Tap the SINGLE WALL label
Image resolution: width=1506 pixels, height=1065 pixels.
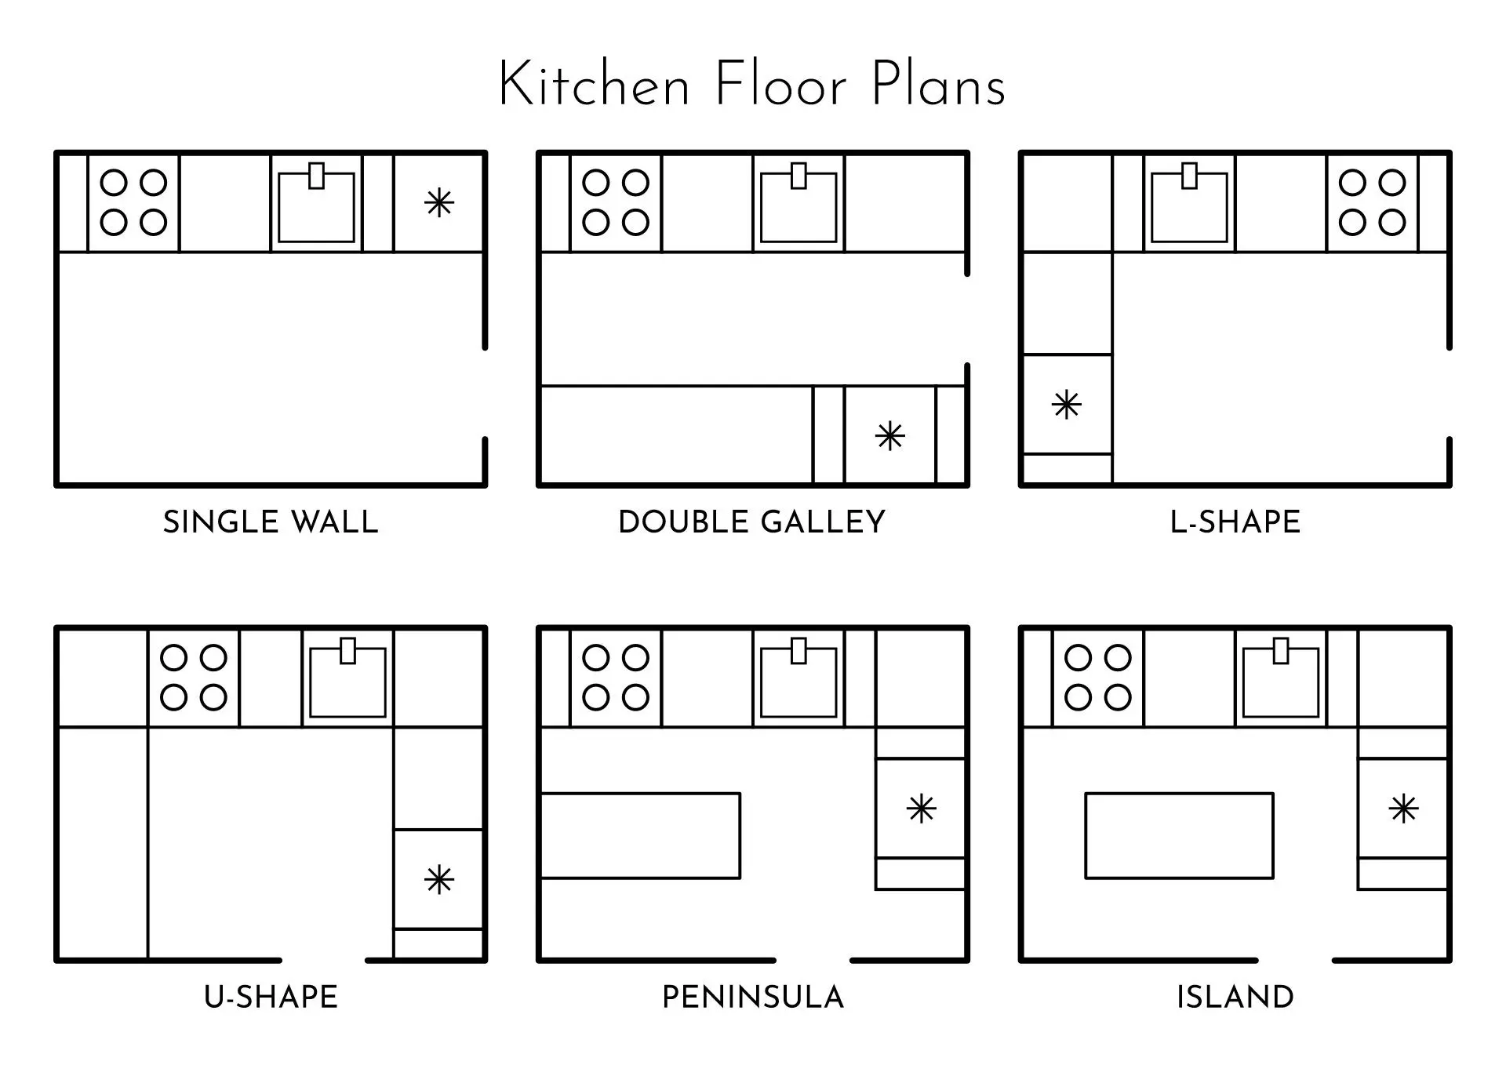click(271, 522)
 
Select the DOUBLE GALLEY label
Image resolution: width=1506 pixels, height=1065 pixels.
click(752, 522)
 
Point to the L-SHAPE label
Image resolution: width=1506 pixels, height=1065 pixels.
click(1235, 522)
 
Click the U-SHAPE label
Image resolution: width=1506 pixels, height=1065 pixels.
click(271, 998)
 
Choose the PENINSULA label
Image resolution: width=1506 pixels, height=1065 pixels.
click(753, 998)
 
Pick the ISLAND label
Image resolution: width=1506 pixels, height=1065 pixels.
click(1235, 998)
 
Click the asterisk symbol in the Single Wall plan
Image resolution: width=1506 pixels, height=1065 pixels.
click(439, 203)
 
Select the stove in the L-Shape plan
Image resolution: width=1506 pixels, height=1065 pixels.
click(1373, 203)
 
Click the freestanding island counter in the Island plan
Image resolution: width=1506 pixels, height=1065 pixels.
click(1179, 836)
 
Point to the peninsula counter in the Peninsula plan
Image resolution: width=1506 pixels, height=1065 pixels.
click(641, 836)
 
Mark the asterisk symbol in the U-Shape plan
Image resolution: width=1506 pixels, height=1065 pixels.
click(439, 880)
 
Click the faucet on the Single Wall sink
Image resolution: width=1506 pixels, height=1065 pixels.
click(317, 176)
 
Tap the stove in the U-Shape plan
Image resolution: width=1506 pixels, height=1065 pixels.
click(194, 678)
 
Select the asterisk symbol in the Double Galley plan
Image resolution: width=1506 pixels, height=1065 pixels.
click(890, 436)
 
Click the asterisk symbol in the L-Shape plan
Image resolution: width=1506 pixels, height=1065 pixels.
click(1067, 405)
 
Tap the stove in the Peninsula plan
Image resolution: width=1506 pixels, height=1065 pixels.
click(616, 678)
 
